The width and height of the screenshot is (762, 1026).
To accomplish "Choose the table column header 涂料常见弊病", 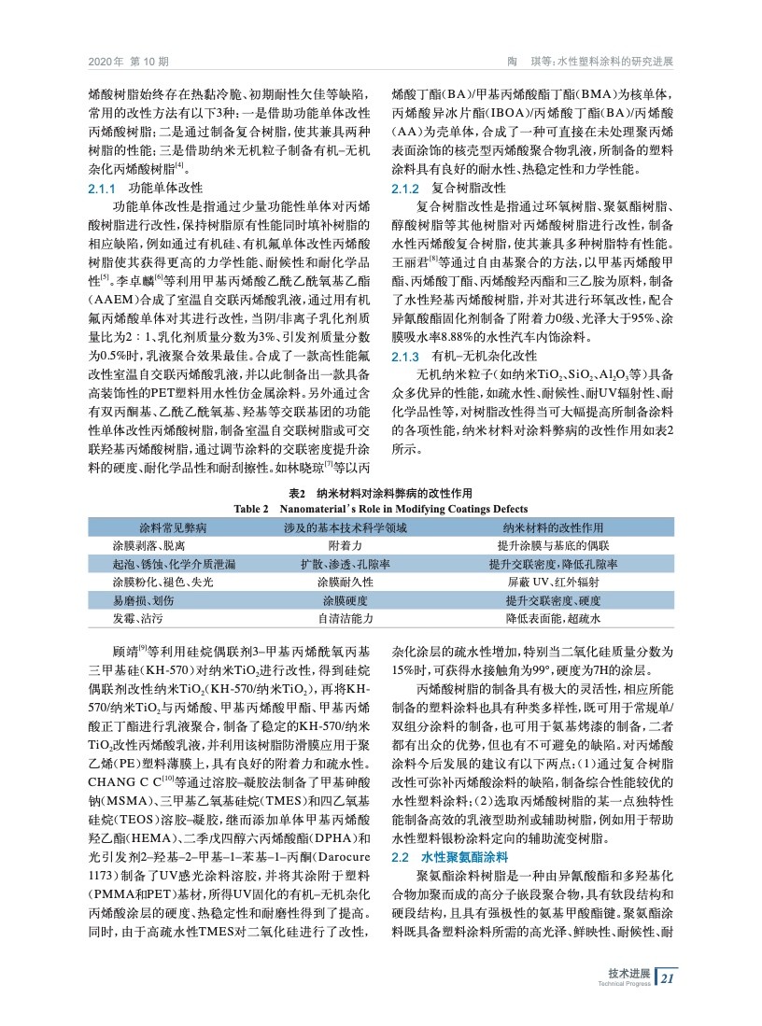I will coord(173,528).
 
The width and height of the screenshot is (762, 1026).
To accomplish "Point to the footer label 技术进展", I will coord(628,972).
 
